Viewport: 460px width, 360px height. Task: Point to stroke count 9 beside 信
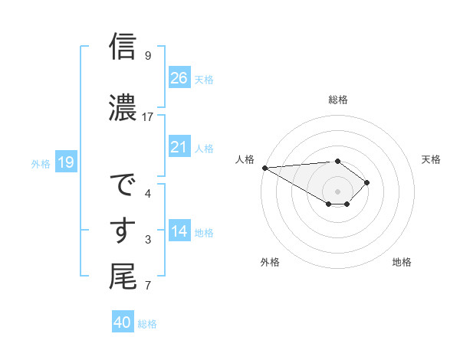click(x=148, y=55)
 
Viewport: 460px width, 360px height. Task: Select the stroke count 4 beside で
click(x=148, y=193)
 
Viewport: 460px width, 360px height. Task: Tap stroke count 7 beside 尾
click(x=148, y=286)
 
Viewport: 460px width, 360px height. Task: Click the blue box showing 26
click(x=179, y=78)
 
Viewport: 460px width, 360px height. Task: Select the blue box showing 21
click(x=179, y=147)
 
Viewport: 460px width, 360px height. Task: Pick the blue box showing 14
click(x=179, y=231)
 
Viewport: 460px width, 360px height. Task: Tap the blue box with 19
click(x=65, y=162)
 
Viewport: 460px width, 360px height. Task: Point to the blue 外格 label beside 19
click(x=41, y=163)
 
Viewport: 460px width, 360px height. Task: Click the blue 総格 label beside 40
click(x=147, y=324)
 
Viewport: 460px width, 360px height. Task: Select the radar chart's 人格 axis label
click(x=245, y=159)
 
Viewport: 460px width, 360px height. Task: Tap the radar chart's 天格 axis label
click(x=432, y=159)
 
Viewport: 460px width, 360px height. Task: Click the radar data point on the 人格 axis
click(x=264, y=168)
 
